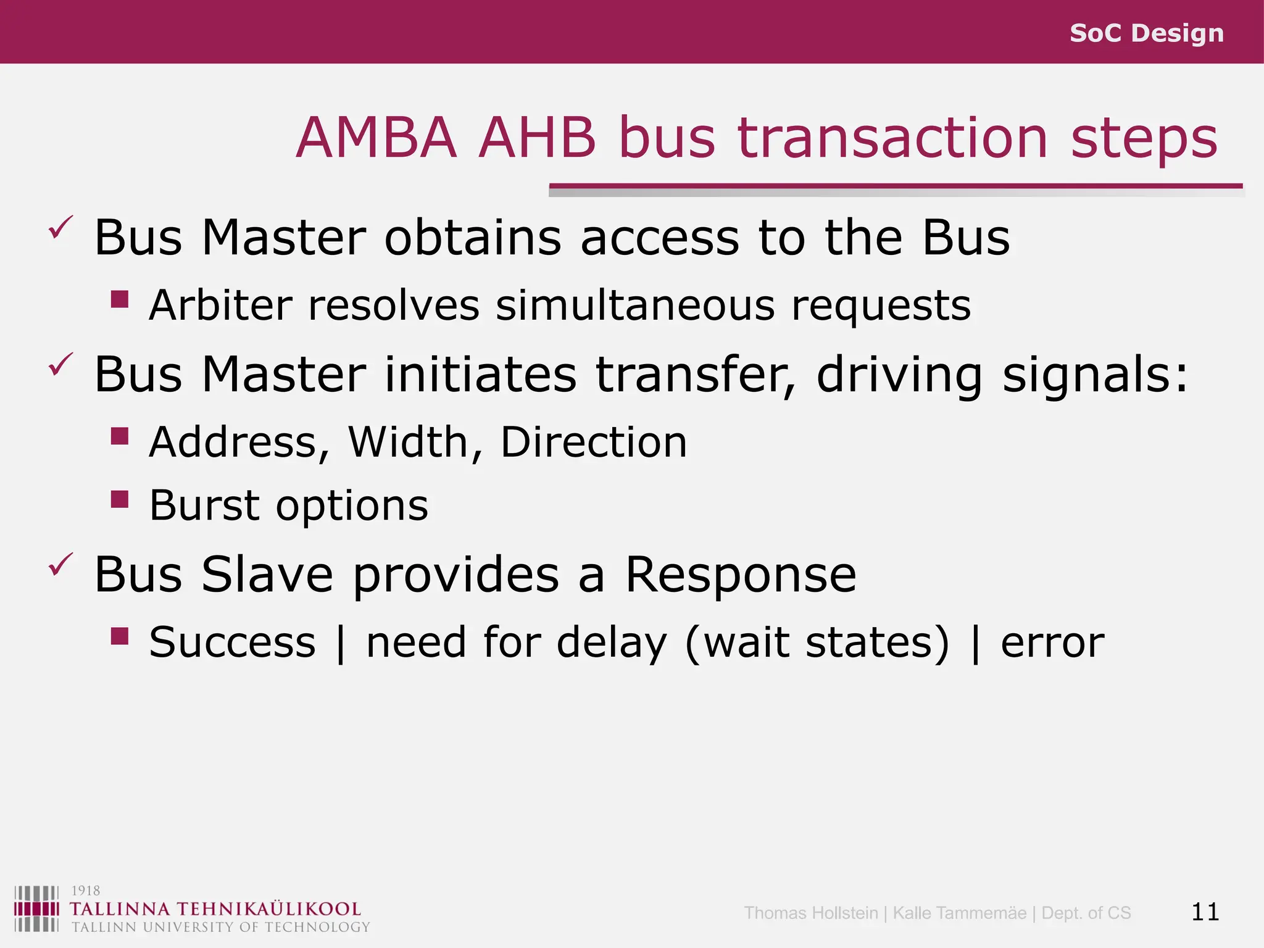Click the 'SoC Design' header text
pos(1146,33)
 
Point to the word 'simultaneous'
pos(634,305)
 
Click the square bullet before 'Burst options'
pos(120,499)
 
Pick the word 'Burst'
pos(204,505)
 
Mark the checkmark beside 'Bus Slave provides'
pos(61,564)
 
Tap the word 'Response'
pos(741,575)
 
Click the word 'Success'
pos(232,642)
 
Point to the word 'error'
pos(1052,643)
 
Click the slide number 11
pos(1205,912)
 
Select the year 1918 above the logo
pos(86,891)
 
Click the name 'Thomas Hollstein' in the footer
pos(810,913)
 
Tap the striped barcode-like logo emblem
pos(36,908)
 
